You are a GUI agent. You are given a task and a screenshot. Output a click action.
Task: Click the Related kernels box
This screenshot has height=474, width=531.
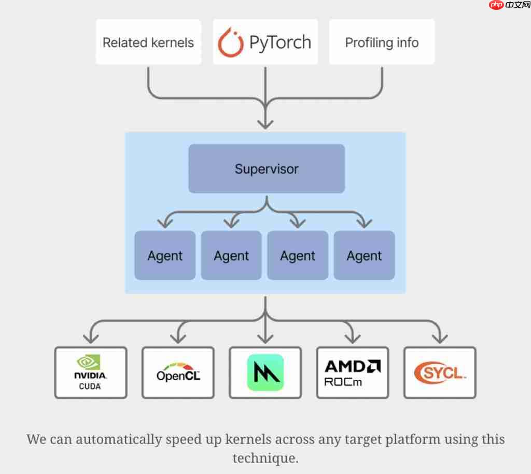coord(148,42)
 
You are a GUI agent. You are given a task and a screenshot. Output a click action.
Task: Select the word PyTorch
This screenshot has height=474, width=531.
coord(280,42)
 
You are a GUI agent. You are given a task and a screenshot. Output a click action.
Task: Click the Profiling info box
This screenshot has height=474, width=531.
coord(382,42)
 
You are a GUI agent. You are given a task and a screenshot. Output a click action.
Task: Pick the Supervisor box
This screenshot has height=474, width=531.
coord(267,169)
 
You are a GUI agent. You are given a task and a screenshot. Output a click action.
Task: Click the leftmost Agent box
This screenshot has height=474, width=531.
coord(165,256)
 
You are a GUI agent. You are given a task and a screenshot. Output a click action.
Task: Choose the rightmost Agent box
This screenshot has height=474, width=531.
coord(364,256)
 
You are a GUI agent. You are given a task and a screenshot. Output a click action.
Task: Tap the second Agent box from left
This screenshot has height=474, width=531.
coord(231,256)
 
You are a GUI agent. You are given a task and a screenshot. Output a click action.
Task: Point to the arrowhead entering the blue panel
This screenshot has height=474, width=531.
coord(265,123)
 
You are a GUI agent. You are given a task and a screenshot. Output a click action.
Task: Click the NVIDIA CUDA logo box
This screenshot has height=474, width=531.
coord(91,372)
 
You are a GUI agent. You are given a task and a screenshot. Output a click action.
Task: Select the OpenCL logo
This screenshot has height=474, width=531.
coord(178,372)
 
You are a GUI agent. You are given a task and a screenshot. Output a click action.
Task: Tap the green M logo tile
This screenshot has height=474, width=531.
coord(265,372)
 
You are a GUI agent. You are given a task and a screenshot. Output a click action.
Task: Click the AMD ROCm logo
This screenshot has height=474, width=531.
coord(353,372)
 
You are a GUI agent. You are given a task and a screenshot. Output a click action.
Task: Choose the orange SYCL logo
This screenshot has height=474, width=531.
coord(440,372)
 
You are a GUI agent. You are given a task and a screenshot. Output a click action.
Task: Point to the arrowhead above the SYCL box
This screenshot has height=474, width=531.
coord(440,338)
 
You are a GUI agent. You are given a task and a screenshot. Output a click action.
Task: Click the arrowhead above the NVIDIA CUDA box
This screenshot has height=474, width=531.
coord(91,338)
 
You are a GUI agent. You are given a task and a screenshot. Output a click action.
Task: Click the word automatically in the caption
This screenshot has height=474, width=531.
coord(119,439)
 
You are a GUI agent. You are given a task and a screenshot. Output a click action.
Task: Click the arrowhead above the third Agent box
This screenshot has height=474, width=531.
coord(298,223)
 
